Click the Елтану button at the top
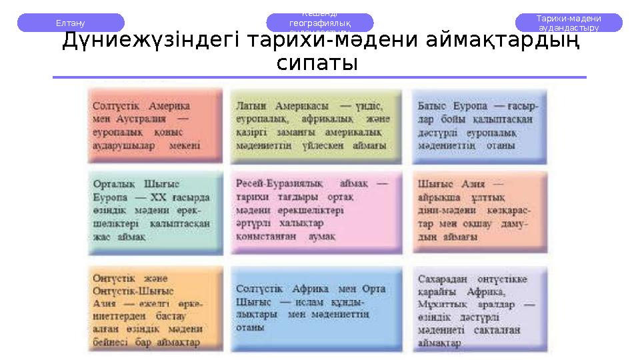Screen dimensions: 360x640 (70, 23)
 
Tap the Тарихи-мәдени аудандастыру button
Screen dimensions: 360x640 (569, 23)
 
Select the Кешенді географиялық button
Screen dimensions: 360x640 (319, 23)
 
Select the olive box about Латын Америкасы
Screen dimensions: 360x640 (313, 127)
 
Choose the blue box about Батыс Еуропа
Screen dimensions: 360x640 (478, 127)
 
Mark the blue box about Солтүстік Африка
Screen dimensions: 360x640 (313, 309)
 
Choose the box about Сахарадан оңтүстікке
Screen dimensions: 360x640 (478, 309)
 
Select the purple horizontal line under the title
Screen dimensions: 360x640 (319, 77)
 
